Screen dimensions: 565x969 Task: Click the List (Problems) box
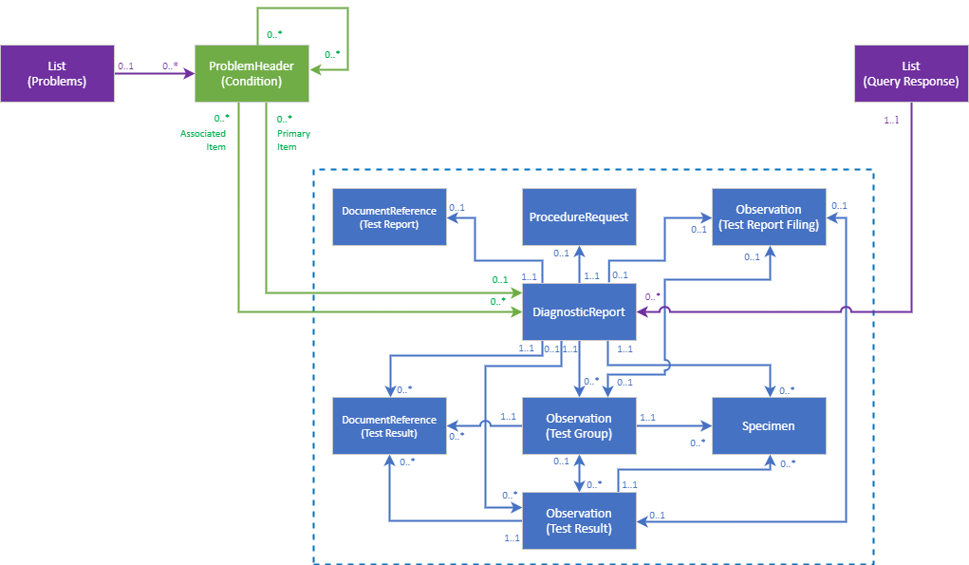point(57,73)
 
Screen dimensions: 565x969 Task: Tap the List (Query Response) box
point(911,73)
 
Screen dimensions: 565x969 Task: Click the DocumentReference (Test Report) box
point(389,217)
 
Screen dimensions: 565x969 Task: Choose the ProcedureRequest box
point(579,217)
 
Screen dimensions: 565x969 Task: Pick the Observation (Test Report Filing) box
point(769,217)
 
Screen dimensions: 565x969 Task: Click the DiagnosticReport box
point(579,311)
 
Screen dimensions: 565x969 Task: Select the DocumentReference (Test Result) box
point(389,425)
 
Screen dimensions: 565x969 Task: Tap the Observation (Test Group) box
point(579,425)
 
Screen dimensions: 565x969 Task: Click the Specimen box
point(769,425)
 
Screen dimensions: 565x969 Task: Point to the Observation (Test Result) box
point(579,520)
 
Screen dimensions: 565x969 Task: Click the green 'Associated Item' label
point(203,141)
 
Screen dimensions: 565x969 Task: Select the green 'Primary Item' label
point(292,141)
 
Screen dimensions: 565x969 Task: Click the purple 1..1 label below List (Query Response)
point(892,121)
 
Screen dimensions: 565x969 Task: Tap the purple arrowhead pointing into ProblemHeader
point(189,73)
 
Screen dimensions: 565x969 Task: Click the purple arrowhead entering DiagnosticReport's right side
point(643,311)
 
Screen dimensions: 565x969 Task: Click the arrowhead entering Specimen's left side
point(706,425)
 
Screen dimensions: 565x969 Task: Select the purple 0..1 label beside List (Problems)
point(125,66)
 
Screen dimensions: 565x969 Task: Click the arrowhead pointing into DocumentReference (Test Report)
point(453,217)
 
